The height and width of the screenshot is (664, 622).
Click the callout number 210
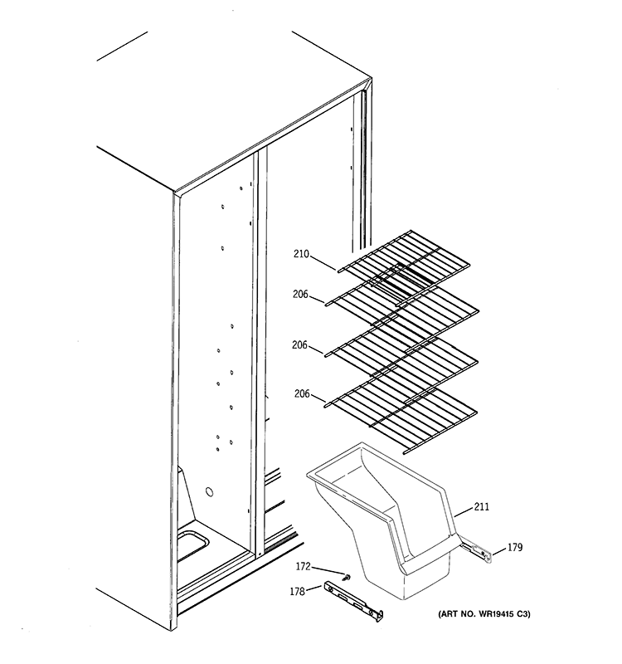(301, 256)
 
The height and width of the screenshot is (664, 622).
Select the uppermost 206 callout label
(301, 293)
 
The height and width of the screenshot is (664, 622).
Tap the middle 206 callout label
(301, 344)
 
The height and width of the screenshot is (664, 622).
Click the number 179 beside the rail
(515, 547)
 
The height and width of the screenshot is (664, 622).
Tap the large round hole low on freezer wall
(210, 492)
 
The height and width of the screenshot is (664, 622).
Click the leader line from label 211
(464, 512)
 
